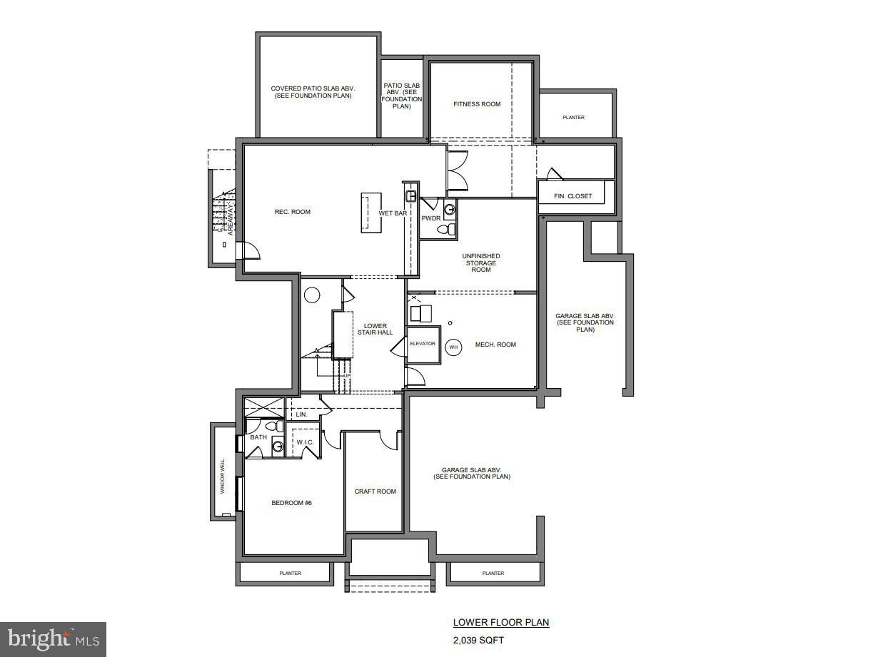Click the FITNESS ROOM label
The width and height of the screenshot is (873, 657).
[x=477, y=104]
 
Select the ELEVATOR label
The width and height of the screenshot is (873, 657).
[x=423, y=344]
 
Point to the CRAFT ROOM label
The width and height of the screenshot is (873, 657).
[x=375, y=492]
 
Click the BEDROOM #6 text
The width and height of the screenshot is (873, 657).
[x=291, y=503]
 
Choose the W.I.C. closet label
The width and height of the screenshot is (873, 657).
[x=305, y=442]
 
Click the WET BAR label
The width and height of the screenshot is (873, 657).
[x=393, y=213]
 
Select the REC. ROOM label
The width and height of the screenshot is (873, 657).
[x=293, y=212]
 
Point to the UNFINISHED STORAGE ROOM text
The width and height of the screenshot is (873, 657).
[x=481, y=263]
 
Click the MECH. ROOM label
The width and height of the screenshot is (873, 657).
[x=495, y=345]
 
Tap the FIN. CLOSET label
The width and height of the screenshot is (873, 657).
[x=573, y=196]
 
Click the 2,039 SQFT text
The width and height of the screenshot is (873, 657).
[x=478, y=640]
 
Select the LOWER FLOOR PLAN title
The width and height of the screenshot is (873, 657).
[x=501, y=623]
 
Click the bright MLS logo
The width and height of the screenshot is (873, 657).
[x=53, y=639]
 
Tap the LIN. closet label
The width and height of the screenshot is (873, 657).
[x=301, y=414]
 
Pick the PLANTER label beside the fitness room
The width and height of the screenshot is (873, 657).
[x=573, y=118]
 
